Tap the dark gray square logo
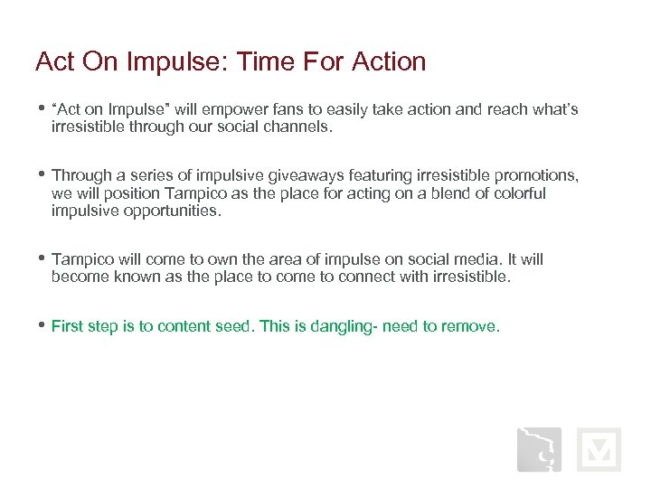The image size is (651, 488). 539,449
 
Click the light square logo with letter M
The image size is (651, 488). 599,449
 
